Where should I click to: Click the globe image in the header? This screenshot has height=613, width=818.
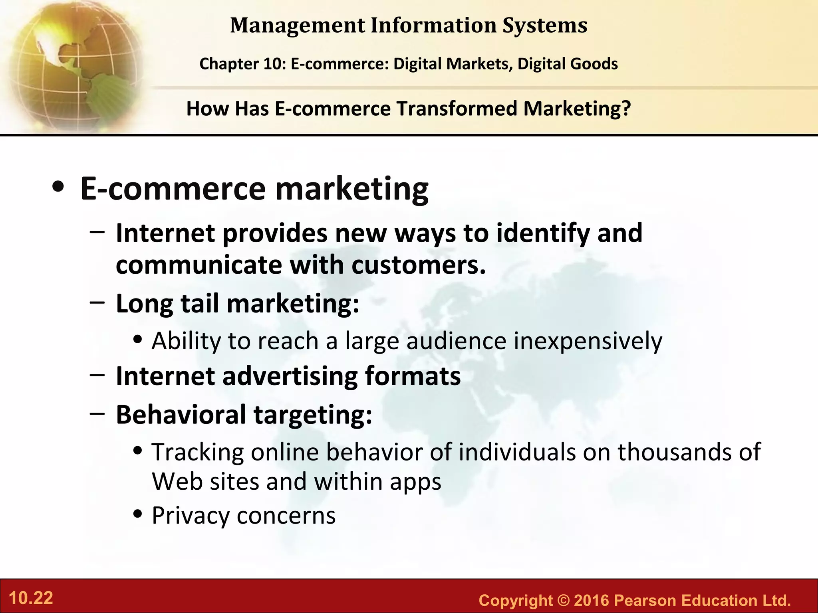(x=72, y=64)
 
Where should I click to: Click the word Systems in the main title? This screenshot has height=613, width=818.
(x=545, y=26)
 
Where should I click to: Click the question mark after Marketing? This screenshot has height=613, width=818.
(x=626, y=109)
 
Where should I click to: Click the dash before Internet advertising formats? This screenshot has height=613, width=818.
(x=97, y=375)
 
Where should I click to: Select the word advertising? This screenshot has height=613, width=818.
(x=290, y=376)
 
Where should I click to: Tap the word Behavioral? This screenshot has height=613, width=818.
(x=181, y=414)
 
